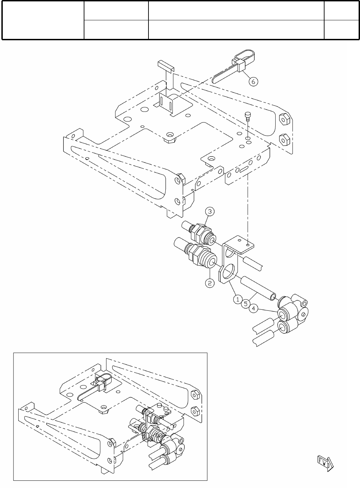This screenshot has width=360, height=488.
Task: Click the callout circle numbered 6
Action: (253, 82)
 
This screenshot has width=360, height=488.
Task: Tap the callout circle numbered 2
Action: (210, 283)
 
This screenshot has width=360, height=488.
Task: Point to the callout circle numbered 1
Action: (238, 299)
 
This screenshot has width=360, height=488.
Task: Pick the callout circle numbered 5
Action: (246, 304)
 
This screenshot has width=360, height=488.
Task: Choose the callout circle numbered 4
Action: (253, 309)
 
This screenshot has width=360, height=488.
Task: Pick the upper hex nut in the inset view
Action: (195, 394)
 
